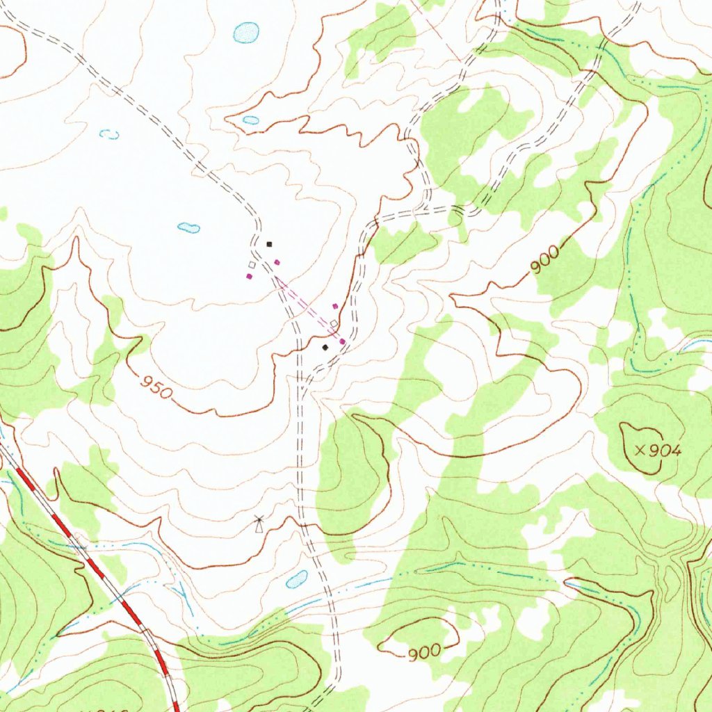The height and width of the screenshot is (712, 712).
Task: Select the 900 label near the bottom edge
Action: pyautogui.click(x=423, y=652)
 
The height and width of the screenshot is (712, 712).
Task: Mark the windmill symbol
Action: pyautogui.click(x=259, y=521)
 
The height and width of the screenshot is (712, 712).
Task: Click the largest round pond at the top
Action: pyautogui.click(x=246, y=31)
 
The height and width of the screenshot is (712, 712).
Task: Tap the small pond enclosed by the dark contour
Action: pyautogui.click(x=251, y=120)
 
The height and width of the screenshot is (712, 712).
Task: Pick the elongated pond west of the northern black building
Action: pyautogui.click(x=188, y=227)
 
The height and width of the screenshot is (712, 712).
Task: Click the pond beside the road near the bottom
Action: pyautogui.click(x=297, y=578)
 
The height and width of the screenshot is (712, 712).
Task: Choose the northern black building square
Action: pyautogui.click(x=270, y=244)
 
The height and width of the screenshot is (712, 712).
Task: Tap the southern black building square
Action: pyautogui.click(x=325, y=347)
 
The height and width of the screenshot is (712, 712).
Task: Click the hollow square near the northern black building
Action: pyautogui.click(x=252, y=265)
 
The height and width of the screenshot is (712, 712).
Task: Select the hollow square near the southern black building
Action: pyautogui.click(x=334, y=324)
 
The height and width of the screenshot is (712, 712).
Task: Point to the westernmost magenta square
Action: pyautogui.click(x=249, y=276)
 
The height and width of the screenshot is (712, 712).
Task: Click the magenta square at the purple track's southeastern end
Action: pyautogui.click(x=342, y=341)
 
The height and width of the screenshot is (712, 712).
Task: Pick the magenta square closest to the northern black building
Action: pyautogui.click(x=277, y=262)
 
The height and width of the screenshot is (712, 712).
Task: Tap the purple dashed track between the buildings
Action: pyautogui.click(x=306, y=305)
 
